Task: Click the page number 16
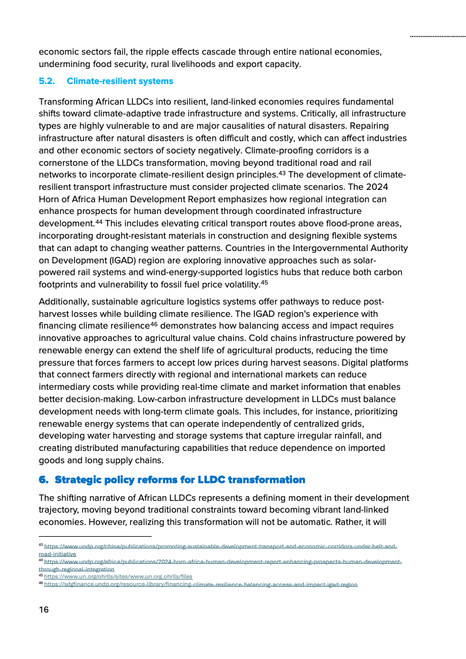tap(44, 610)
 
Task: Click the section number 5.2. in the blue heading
tap(47, 81)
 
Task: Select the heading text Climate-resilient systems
tap(120, 81)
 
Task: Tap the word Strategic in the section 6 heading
tap(79, 480)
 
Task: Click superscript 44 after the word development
tap(99, 221)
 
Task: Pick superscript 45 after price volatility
tap(264, 282)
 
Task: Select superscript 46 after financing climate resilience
tap(154, 323)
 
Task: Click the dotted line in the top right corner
tap(437, 36)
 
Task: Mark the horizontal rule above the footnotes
tap(95, 536)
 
